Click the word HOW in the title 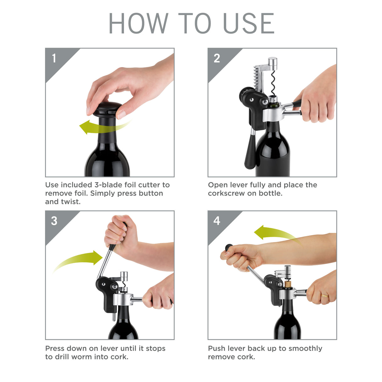coord(138,24)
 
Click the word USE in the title coord(249,24)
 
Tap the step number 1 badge coord(54,58)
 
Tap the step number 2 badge coord(217,58)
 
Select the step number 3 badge coord(54,221)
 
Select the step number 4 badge coord(217,221)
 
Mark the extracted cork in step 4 coord(288,285)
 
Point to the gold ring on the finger coord(324,296)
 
